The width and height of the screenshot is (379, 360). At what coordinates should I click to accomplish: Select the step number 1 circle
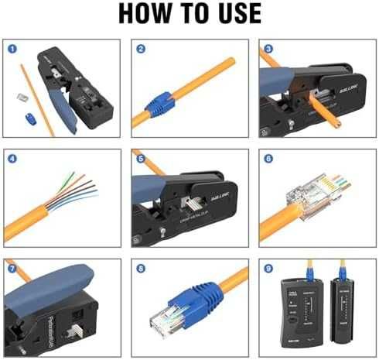click(x=13, y=48)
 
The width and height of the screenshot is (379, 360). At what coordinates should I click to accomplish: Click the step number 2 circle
click(x=141, y=48)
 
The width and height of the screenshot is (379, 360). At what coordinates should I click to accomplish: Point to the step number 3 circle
click(x=268, y=48)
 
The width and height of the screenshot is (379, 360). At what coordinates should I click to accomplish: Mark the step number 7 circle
click(x=13, y=269)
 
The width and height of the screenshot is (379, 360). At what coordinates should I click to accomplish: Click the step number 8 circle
click(x=141, y=269)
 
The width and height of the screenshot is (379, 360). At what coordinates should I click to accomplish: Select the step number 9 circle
click(x=268, y=269)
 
